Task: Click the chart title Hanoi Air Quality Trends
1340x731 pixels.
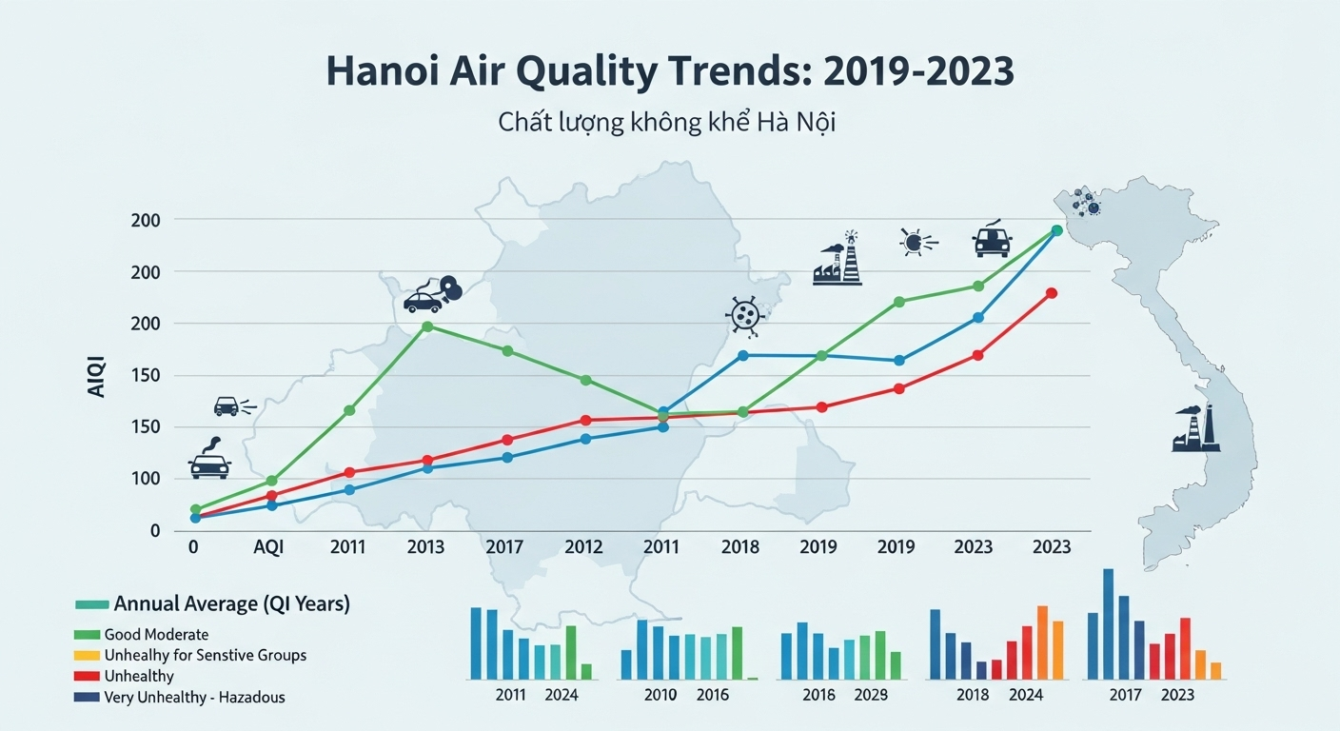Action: tap(669, 72)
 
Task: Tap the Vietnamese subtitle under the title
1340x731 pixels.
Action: tap(666, 123)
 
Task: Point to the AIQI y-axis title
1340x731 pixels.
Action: tap(97, 376)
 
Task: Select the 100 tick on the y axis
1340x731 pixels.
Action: tap(147, 478)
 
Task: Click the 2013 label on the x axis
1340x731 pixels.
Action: tap(425, 547)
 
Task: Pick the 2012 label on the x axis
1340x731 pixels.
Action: tap(583, 547)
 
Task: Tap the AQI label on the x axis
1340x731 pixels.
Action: tap(267, 547)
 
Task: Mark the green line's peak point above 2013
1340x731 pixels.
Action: tap(427, 326)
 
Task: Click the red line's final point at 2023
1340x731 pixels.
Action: tap(1052, 293)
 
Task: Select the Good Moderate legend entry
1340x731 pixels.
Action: tap(156, 634)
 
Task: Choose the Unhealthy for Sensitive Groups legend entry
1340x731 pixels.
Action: tap(205, 655)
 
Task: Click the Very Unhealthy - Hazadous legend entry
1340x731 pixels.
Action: tap(194, 697)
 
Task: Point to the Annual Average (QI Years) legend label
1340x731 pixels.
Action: tap(231, 603)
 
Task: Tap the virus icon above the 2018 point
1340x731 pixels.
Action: tap(743, 315)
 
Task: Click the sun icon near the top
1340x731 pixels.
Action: tap(914, 243)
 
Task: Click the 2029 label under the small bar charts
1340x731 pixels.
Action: tap(871, 695)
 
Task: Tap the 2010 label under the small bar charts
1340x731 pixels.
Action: tap(660, 695)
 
